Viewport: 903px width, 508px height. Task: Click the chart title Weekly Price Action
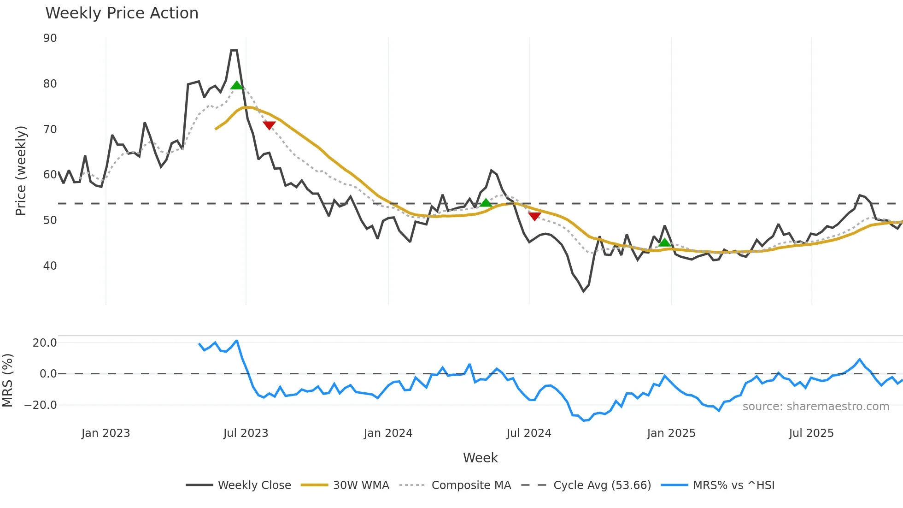click(x=122, y=13)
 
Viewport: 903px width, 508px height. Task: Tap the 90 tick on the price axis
click(x=50, y=38)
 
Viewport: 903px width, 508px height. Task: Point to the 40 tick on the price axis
click(x=50, y=266)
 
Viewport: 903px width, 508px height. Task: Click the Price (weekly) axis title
click(x=21, y=171)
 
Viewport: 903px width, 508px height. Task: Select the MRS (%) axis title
click(x=7, y=380)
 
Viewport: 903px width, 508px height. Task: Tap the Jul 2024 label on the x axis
click(x=528, y=433)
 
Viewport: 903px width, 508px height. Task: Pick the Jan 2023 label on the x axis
click(x=106, y=433)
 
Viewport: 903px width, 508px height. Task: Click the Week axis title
click(x=480, y=458)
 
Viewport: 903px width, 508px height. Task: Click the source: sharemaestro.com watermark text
click(x=815, y=407)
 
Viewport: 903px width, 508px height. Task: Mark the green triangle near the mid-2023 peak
click(x=236, y=85)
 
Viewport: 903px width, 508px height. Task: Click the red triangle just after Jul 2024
click(x=534, y=216)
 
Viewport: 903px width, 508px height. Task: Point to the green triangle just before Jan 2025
click(x=664, y=242)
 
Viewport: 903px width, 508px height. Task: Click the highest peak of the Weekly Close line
click(x=234, y=50)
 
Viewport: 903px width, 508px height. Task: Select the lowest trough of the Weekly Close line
click(x=583, y=291)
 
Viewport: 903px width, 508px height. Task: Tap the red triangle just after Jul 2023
click(x=269, y=125)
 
